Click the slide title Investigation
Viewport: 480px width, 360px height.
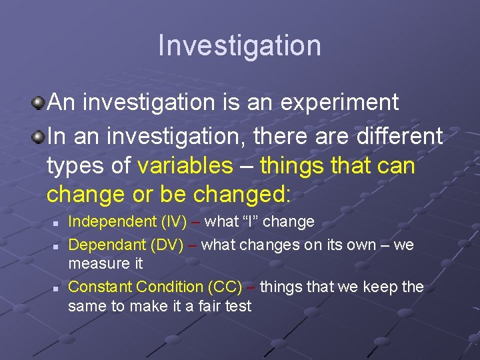(x=239, y=45)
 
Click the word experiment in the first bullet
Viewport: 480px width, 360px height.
(x=339, y=103)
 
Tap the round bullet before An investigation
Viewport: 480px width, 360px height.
(x=39, y=103)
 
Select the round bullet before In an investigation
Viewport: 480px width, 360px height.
(x=39, y=137)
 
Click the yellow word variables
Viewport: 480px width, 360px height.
(x=185, y=165)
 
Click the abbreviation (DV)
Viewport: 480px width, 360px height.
(x=168, y=245)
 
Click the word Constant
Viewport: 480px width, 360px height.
(x=100, y=287)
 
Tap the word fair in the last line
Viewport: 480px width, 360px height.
(x=197, y=306)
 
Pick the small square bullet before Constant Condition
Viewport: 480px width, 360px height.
(x=57, y=288)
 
